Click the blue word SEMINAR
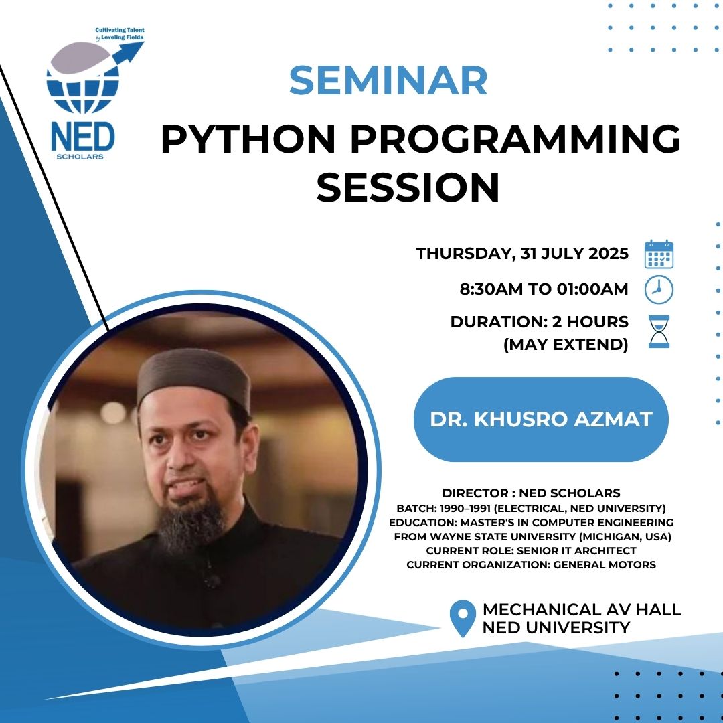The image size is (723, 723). pos(388,80)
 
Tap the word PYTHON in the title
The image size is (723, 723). pos(248,139)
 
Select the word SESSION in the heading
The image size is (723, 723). pos(408,187)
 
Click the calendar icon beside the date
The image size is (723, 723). pos(659,254)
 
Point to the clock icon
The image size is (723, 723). pos(659,290)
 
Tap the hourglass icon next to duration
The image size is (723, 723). pos(659,331)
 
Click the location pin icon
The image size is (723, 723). pos(463,619)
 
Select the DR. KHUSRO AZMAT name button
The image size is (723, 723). pos(541,419)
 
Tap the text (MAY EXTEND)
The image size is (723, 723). pos(566,345)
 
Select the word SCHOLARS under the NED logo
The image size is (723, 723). pos(80,157)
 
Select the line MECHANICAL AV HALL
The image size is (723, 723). pos(582,610)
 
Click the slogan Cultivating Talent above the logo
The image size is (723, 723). pos(120,30)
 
